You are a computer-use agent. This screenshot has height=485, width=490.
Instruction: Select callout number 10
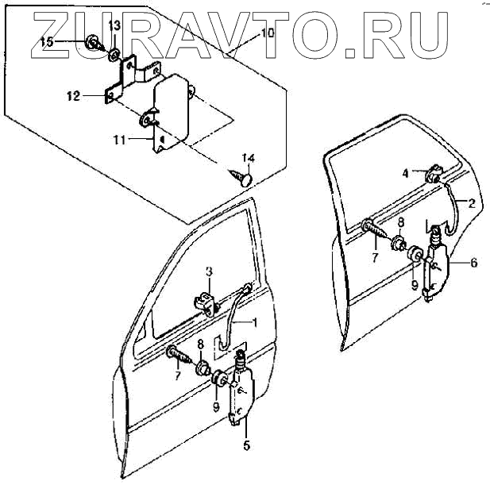(267, 34)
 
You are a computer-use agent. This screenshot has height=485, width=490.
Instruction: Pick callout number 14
(249, 157)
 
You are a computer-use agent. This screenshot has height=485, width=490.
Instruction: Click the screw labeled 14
(241, 177)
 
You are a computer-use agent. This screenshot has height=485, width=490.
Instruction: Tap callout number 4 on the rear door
(405, 172)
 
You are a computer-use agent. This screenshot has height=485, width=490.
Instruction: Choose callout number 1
(255, 322)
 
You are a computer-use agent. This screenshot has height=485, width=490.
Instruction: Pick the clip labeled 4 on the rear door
(435, 174)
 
